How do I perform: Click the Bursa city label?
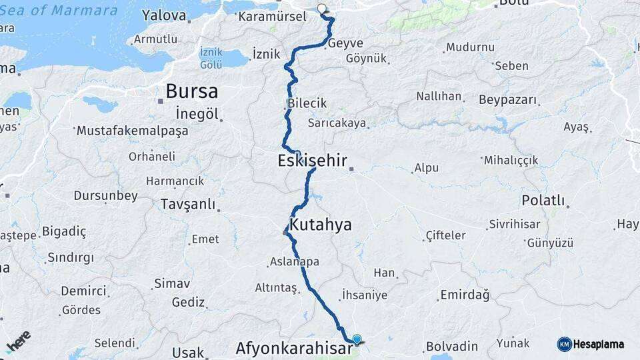click(x=191, y=92)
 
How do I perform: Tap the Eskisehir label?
click(x=312, y=161)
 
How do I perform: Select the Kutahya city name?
click(x=320, y=225)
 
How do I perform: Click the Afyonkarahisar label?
click(x=293, y=349)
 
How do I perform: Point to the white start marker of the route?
click(x=322, y=9)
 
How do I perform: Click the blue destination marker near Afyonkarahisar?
click(x=357, y=339)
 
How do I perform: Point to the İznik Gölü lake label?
click(x=211, y=58)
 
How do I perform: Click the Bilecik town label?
click(x=307, y=103)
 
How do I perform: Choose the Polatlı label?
click(x=543, y=201)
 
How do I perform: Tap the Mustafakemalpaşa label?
click(x=132, y=131)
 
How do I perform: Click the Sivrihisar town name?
click(x=514, y=224)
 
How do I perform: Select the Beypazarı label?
click(x=507, y=100)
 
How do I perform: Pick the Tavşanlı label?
click(x=187, y=204)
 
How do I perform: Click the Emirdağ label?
click(x=465, y=295)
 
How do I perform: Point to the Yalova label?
click(x=164, y=15)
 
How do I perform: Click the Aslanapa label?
click(x=294, y=262)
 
